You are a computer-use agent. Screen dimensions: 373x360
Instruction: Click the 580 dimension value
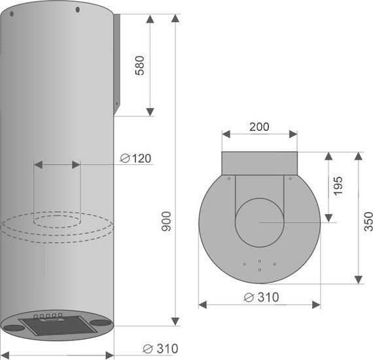(x=139, y=65)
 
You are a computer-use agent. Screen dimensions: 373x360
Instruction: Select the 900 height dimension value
(x=166, y=221)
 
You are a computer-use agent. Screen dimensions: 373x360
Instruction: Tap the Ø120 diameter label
(x=136, y=158)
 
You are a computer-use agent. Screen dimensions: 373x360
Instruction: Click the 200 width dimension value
(x=259, y=127)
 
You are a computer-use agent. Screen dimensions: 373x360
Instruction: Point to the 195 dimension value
(x=338, y=186)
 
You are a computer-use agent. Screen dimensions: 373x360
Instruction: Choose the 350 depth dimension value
(x=368, y=221)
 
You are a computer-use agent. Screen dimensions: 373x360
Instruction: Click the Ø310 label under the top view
(x=262, y=297)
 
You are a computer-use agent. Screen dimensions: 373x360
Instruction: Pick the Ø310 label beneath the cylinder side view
(x=160, y=349)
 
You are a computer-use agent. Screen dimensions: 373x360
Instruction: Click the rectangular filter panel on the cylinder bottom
(x=58, y=325)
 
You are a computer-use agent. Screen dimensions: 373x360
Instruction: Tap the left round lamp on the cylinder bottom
(x=14, y=329)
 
